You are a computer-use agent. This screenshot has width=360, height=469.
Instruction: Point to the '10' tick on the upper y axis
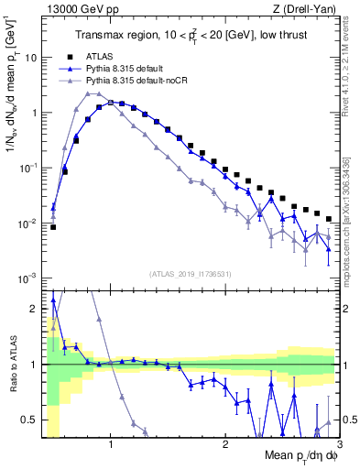point(30,57)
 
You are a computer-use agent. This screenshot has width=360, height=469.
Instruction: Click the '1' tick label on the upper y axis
point(33,113)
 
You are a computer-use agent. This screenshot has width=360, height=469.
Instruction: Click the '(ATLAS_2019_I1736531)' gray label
point(190,274)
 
